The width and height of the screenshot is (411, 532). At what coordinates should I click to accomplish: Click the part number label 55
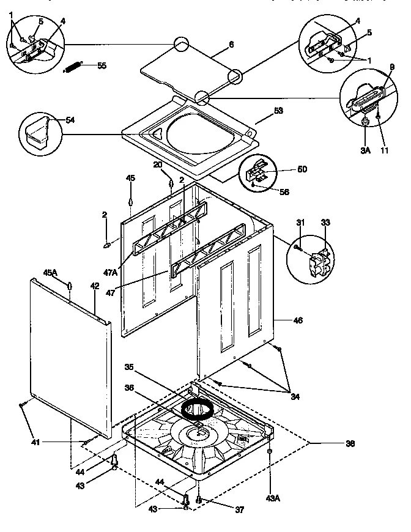(x=101, y=65)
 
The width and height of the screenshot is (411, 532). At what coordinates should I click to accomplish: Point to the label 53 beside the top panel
(x=278, y=111)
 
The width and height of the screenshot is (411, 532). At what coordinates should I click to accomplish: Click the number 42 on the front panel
(x=94, y=286)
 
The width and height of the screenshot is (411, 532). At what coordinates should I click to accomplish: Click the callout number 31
(x=300, y=222)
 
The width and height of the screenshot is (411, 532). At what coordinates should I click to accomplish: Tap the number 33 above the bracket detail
(x=325, y=222)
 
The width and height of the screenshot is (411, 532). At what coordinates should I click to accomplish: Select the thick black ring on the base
(x=198, y=405)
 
